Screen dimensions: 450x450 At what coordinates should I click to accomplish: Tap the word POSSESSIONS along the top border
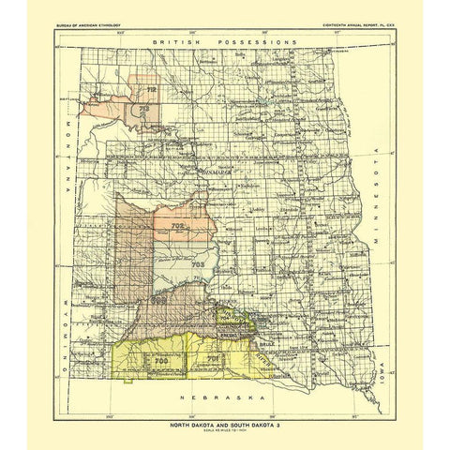[255, 44]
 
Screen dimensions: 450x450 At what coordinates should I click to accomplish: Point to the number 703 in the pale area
[197, 265]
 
